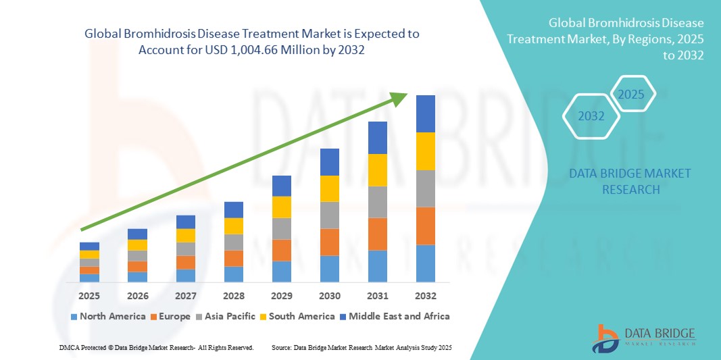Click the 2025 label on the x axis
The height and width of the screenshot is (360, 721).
89,296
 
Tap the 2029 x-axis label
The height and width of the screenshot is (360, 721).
281,296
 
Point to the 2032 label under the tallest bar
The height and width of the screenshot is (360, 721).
426,296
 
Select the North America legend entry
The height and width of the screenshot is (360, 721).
107,316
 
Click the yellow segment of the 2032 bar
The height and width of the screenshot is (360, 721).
426,151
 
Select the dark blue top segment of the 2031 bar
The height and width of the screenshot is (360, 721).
377,138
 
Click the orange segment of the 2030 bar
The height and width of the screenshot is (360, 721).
329,242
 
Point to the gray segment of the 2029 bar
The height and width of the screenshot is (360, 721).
281,228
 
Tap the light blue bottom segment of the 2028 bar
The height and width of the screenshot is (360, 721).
233,274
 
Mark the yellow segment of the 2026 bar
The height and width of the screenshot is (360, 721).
137,245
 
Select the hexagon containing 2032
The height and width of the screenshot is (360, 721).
591,116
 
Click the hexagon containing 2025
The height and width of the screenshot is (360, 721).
632,94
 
